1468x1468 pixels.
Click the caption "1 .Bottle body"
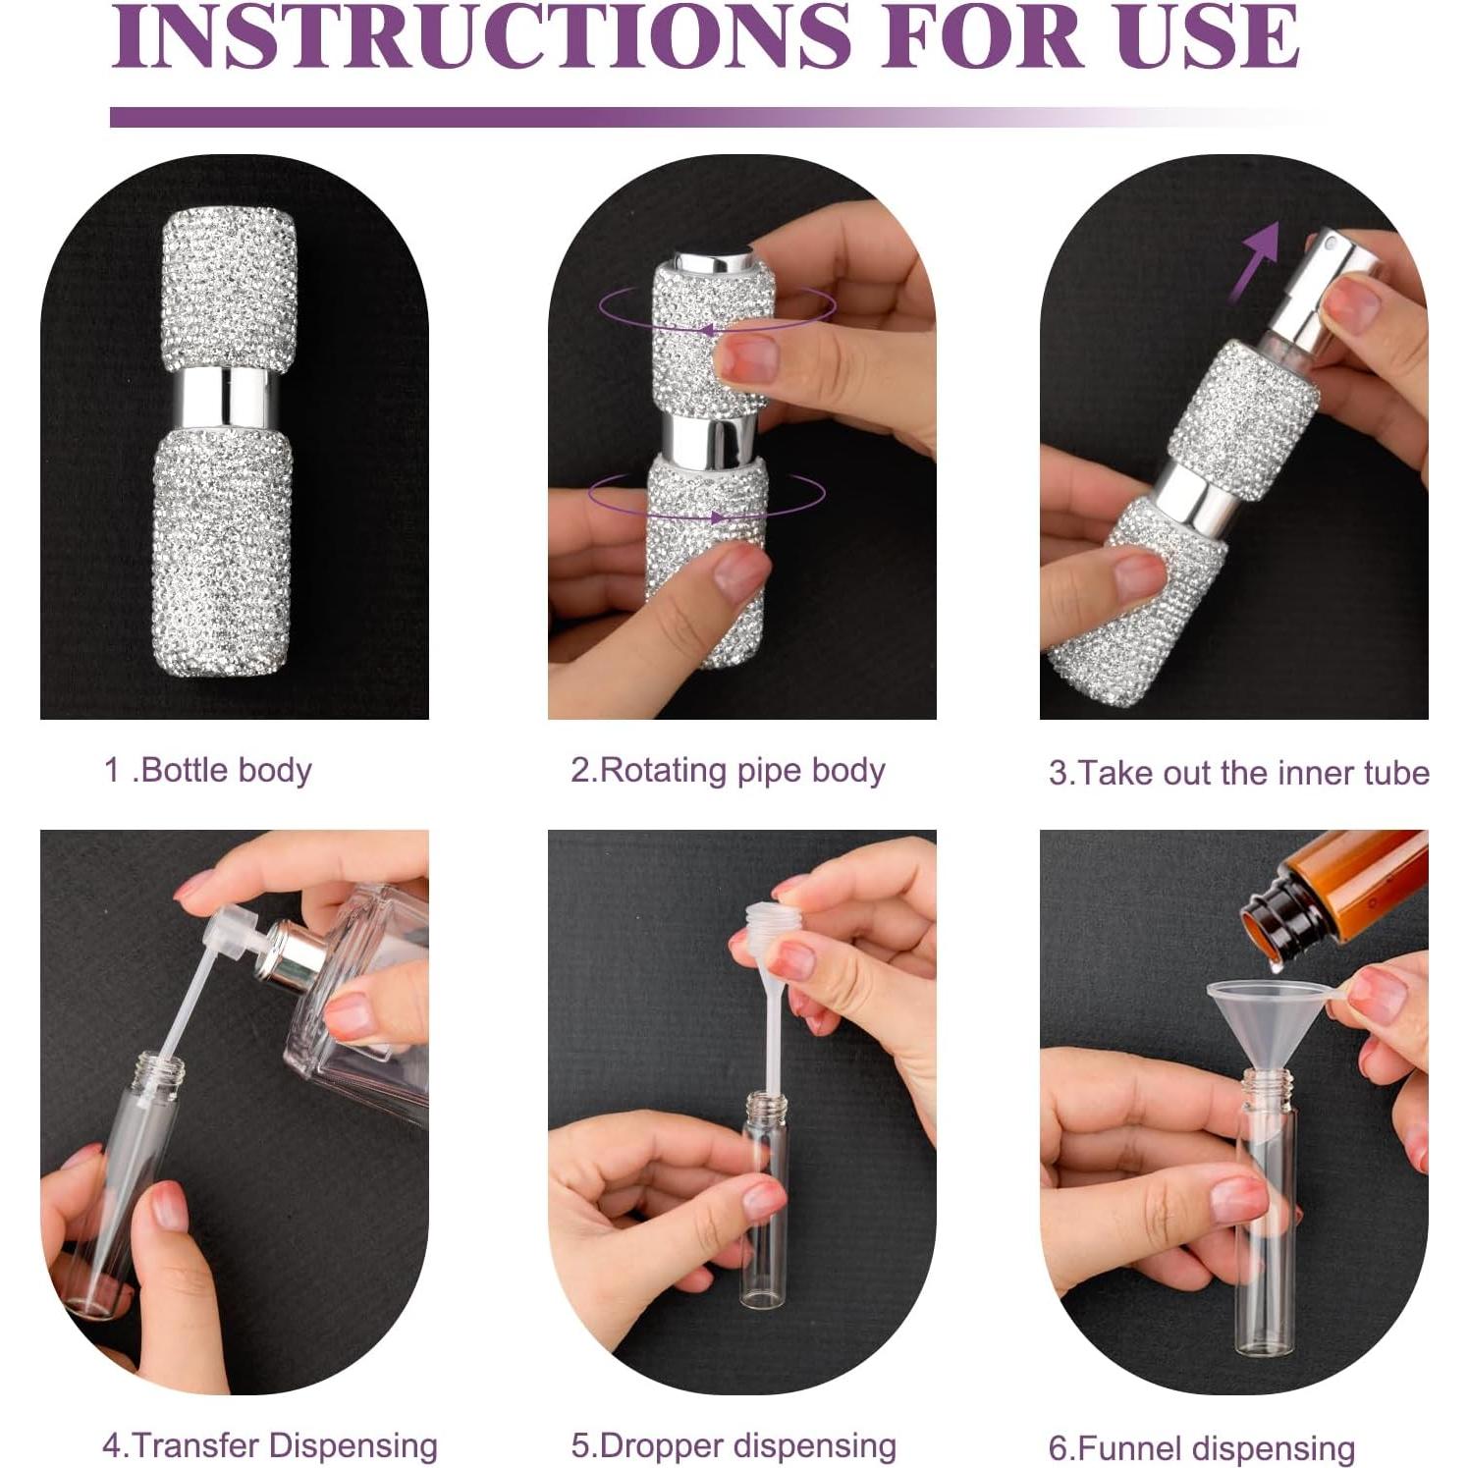208,770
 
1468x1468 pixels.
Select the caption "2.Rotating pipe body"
728,770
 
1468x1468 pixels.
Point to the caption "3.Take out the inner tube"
1238,773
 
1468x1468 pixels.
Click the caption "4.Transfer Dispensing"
270,1444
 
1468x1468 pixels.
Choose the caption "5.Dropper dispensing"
734,1445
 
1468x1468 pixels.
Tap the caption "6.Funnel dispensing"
1202,1447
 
